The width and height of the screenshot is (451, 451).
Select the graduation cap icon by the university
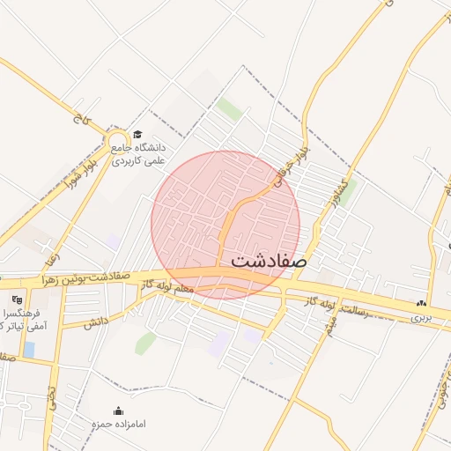coord(137,135)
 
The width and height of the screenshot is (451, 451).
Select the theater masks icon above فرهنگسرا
coord(17,300)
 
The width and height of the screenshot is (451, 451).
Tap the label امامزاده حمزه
coord(117,425)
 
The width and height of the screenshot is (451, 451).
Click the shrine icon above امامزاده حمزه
coord(118,410)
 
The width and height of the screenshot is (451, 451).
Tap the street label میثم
coord(329,323)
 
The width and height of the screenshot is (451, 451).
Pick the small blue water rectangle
coord(29,350)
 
